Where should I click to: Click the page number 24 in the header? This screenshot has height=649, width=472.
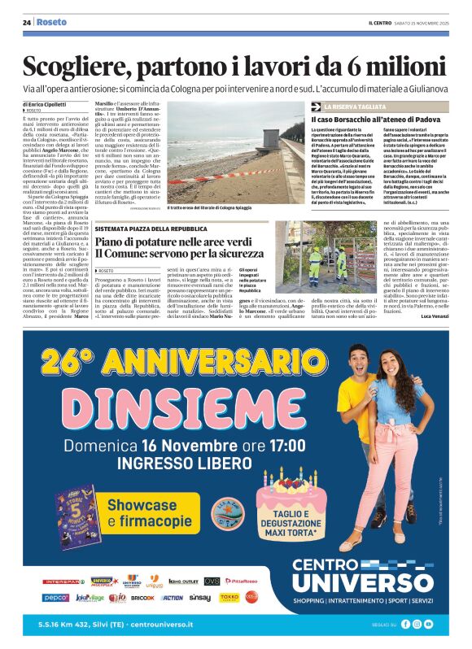pos(27,23)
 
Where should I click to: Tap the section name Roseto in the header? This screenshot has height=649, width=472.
pos(51,23)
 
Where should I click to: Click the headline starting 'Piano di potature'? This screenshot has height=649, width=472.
pos(183,242)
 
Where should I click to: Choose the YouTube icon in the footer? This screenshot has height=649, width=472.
pos(429,624)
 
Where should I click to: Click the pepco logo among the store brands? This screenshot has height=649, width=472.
pos(56,597)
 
